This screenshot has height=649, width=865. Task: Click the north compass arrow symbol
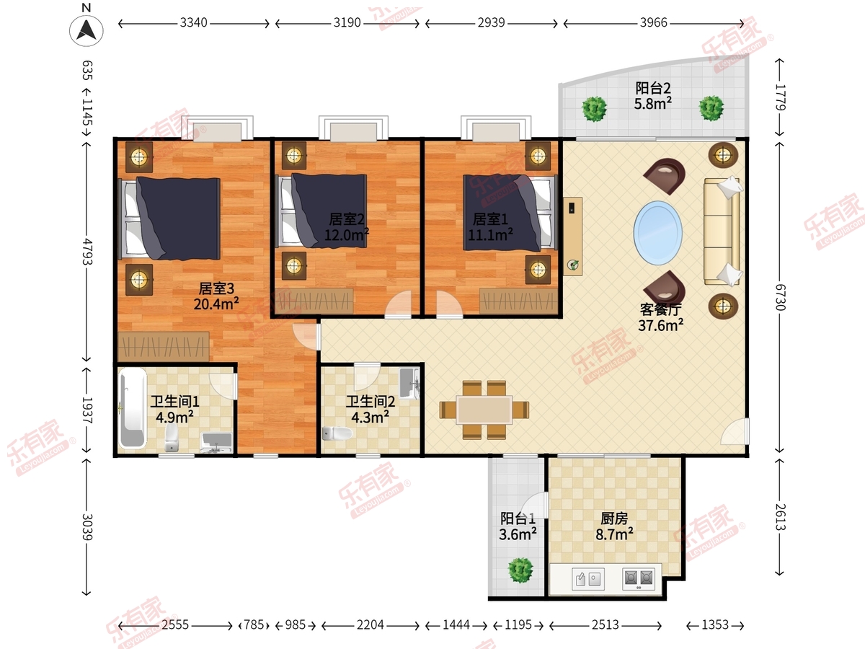click(86, 30)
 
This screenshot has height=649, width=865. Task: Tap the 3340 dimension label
click(193, 23)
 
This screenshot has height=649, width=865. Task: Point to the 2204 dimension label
click(370, 624)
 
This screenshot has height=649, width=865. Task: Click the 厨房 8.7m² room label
click(614, 526)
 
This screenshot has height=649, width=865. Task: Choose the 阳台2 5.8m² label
click(653, 96)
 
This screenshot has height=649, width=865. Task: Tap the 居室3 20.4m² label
click(216, 296)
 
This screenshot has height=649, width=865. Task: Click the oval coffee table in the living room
click(657, 233)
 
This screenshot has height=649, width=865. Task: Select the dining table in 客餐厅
click(484, 410)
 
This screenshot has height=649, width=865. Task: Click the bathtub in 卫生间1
click(132, 409)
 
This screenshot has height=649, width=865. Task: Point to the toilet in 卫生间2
click(337, 433)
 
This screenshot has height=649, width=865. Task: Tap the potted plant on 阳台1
click(520, 570)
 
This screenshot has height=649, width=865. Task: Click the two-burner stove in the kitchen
click(639, 578)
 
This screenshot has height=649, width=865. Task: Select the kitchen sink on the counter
click(588, 579)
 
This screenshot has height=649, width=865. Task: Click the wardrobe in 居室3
click(164, 347)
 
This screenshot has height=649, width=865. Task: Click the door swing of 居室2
click(399, 304)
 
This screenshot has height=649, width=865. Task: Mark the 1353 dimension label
click(715, 624)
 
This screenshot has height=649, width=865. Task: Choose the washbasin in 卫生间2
click(409, 383)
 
